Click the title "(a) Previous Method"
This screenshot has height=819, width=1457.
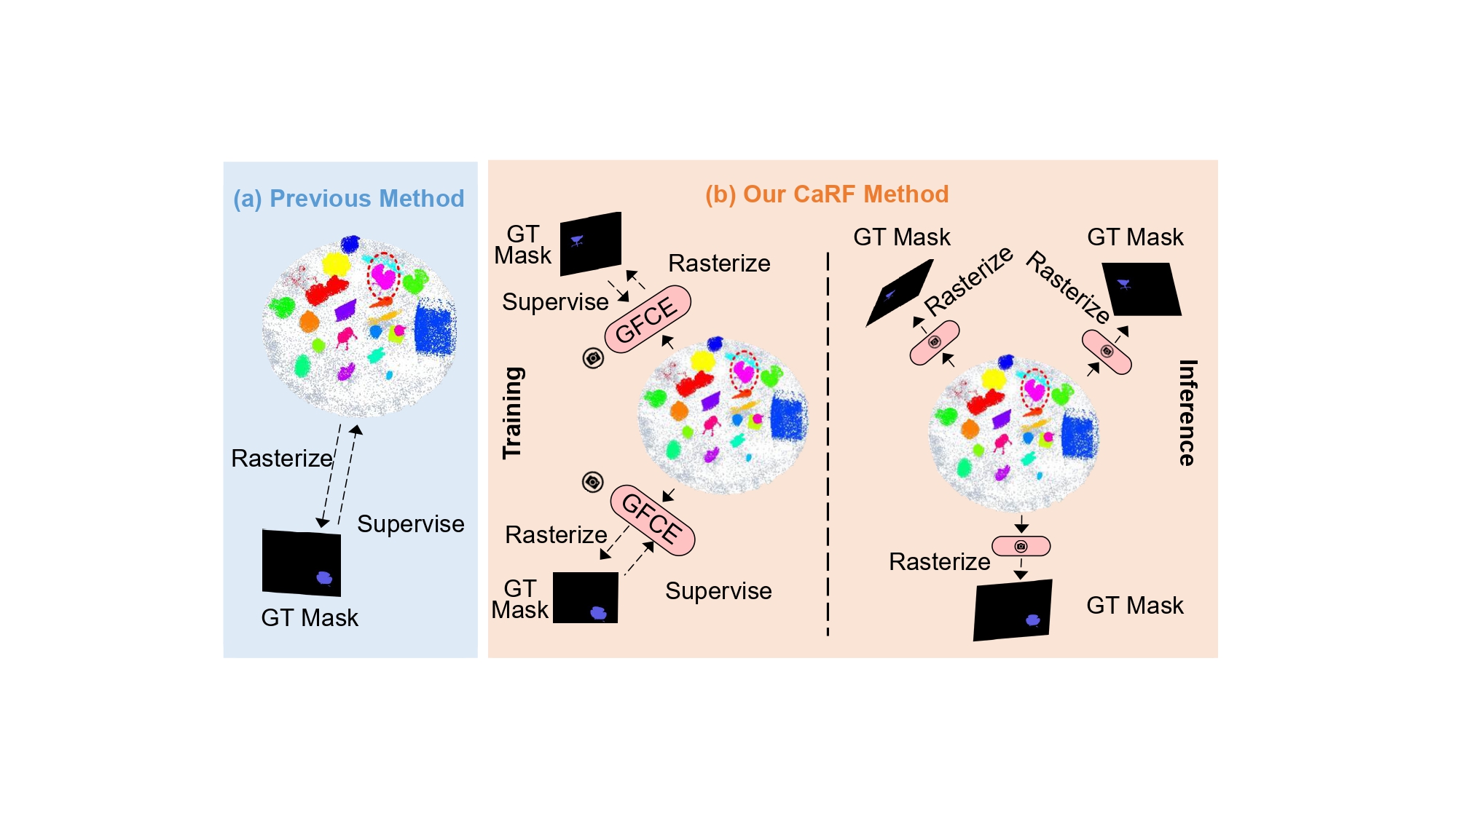pos(348,199)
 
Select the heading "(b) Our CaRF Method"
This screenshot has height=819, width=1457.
pos(827,194)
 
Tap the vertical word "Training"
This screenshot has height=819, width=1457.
pos(513,412)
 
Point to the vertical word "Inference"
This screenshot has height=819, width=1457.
pos(1187,412)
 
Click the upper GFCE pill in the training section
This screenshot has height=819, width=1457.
pos(647,320)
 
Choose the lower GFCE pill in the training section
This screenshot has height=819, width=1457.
pos(652,519)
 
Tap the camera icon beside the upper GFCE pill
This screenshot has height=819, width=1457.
pos(593,358)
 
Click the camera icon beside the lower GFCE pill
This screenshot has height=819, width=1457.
pos(593,482)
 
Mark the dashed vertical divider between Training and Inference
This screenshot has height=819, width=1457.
pos(828,444)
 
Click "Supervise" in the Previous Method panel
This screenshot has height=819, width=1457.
pos(410,524)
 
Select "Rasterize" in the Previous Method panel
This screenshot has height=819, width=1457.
pos(281,459)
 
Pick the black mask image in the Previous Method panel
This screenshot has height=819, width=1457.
pos(301,563)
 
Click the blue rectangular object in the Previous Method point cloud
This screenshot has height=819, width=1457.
pos(435,329)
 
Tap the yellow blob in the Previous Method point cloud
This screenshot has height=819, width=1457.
pos(336,263)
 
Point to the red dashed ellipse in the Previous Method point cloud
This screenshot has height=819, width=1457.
pos(382,275)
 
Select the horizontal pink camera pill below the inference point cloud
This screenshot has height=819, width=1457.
pos(1021,546)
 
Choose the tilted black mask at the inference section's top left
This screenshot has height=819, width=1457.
pos(899,293)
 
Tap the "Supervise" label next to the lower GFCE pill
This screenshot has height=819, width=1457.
pos(718,591)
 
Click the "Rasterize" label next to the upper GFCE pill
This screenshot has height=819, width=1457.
pos(718,264)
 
